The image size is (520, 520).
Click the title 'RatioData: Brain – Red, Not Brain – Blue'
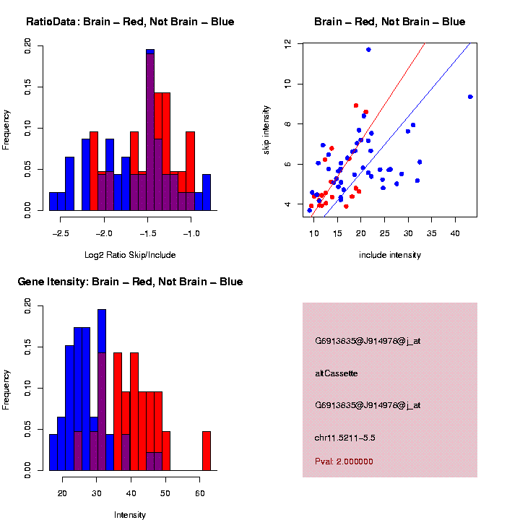pos(130,22)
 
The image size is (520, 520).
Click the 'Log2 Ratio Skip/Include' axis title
pos(130,255)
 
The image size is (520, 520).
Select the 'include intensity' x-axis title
pos(390,255)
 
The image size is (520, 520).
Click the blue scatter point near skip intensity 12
pos(368,49)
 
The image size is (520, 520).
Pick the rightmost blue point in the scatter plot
pos(470,97)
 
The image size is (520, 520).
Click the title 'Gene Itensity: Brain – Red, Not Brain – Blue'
pos(130,282)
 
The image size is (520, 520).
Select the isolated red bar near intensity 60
pos(207,451)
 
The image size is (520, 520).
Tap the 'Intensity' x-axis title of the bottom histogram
pos(130,515)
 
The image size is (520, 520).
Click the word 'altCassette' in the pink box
pos(337,373)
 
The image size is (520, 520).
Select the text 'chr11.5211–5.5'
pos(345,438)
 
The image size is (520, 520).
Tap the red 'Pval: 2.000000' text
pos(344,461)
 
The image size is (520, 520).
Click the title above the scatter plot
pos(390,22)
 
